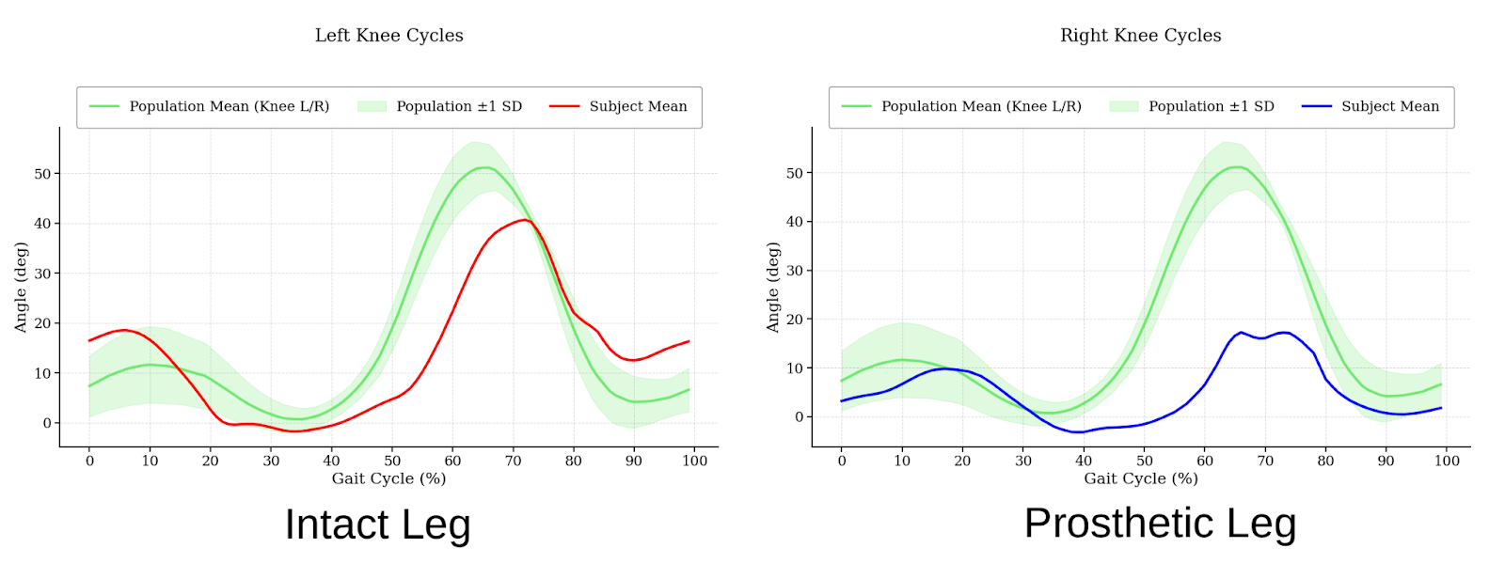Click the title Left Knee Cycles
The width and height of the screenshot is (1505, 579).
pos(388,36)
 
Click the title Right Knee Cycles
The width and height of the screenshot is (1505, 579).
pos(1140,36)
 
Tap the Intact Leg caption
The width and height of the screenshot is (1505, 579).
pos(377,524)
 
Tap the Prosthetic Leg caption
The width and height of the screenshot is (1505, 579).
pos(1160,523)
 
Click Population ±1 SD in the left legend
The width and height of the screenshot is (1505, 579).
pos(458,106)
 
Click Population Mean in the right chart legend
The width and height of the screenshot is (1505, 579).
pos(980,106)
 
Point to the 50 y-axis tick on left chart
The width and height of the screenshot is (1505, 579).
pos(42,174)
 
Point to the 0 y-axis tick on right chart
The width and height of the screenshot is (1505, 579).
pos(799,416)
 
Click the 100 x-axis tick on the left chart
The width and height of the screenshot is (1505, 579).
pos(694,461)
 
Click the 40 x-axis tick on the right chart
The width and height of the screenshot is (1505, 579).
pos(1084,461)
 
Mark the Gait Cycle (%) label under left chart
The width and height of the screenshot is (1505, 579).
pos(388,478)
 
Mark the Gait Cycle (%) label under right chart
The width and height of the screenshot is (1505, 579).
pos(1140,478)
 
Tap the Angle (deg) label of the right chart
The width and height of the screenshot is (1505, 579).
pos(773,287)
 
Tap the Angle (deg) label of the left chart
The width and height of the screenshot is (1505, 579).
pos(21,287)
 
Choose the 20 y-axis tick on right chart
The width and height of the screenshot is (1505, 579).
pos(795,320)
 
